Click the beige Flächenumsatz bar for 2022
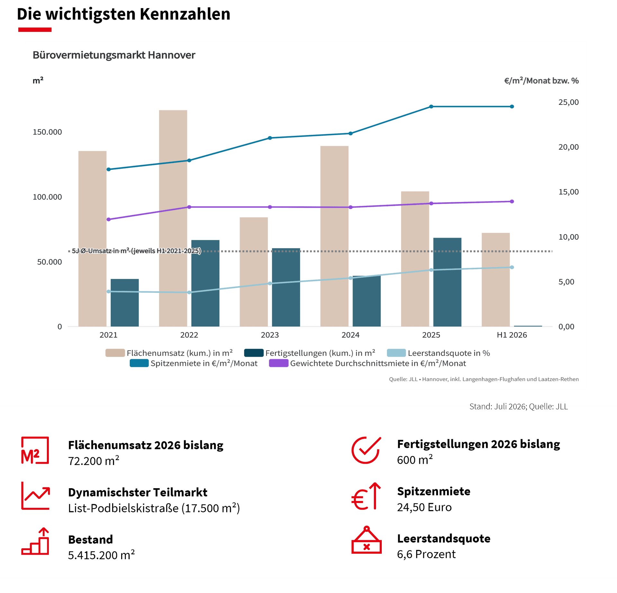click(x=173, y=218)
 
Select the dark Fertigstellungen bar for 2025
click(x=447, y=282)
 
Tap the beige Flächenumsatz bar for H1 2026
click(x=496, y=280)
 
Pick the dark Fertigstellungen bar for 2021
click(x=125, y=303)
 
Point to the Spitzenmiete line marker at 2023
click(x=270, y=138)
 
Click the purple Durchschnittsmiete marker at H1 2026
click(x=512, y=202)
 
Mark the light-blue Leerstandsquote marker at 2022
click(x=189, y=292)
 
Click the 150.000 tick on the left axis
click(x=47, y=132)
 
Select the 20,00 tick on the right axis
click(x=568, y=147)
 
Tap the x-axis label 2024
click(x=350, y=335)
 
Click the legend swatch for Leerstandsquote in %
click(x=396, y=353)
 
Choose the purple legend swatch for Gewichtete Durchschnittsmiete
click(x=279, y=363)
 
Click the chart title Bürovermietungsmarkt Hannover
click(x=114, y=55)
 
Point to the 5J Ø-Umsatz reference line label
click(x=136, y=251)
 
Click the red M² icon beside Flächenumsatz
click(x=35, y=451)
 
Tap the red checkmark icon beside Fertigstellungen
click(x=366, y=450)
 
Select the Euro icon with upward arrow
click(x=366, y=497)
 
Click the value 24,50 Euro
click(x=424, y=507)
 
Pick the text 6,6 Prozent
click(x=426, y=554)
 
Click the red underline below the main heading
click(x=35, y=30)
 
